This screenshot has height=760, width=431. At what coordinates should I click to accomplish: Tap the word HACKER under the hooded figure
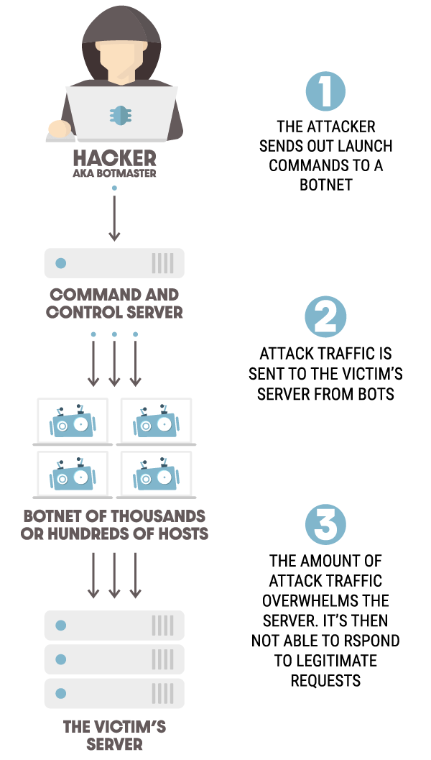point(114,157)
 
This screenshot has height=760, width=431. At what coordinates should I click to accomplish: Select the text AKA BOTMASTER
point(114,173)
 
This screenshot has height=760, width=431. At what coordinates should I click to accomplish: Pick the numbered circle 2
point(325,317)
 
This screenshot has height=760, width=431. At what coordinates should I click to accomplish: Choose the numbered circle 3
point(325,524)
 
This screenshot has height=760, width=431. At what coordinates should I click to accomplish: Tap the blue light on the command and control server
point(61,263)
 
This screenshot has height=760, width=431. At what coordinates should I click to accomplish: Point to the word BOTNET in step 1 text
point(325,185)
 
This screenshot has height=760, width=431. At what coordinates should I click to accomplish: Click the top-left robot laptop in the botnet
point(72,421)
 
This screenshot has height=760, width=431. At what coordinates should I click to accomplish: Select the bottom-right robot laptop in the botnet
point(156,475)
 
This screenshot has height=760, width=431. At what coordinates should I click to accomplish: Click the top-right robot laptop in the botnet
point(156,421)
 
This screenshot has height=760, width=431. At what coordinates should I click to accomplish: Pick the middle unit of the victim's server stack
point(114,659)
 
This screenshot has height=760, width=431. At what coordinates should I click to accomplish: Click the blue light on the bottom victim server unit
point(61,693)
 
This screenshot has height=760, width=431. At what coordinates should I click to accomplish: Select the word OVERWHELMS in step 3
point(325,600)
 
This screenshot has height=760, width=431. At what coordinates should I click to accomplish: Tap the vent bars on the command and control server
point(162,263)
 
